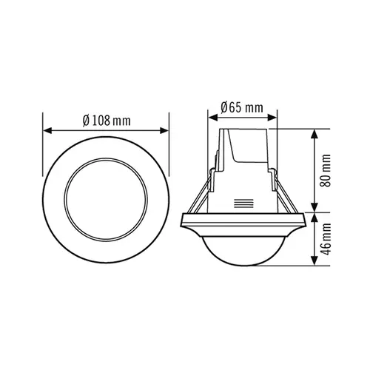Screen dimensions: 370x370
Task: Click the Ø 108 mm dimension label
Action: (x=108, y=121)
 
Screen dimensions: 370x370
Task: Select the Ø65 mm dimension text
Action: (x=243, y=108)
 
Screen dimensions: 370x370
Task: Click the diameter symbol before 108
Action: (x=86, y=121)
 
